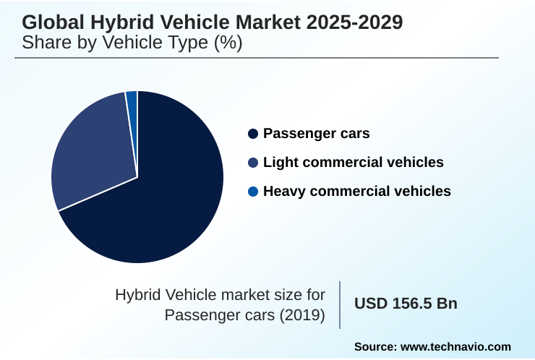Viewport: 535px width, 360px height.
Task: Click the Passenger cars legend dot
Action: [x=252, y=134]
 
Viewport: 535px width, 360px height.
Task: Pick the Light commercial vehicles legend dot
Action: [x=252, y=163]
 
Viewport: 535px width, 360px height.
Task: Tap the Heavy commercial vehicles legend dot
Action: [x=252, y=192]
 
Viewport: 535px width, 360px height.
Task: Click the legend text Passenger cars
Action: [x=317, y=134]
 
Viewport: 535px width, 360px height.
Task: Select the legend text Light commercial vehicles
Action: [x=354, y=163]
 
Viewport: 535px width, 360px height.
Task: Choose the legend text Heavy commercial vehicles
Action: [x=357, y=192]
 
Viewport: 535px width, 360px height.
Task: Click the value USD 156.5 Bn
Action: [x=406, y=304]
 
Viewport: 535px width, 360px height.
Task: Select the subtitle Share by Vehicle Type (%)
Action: [x=132, y=42]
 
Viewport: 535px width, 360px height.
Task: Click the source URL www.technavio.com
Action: [x=456, y=347]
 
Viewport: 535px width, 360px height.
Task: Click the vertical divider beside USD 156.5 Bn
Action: [x=340, y=304]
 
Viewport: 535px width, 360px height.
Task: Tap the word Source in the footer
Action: [x=373, y=347]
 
